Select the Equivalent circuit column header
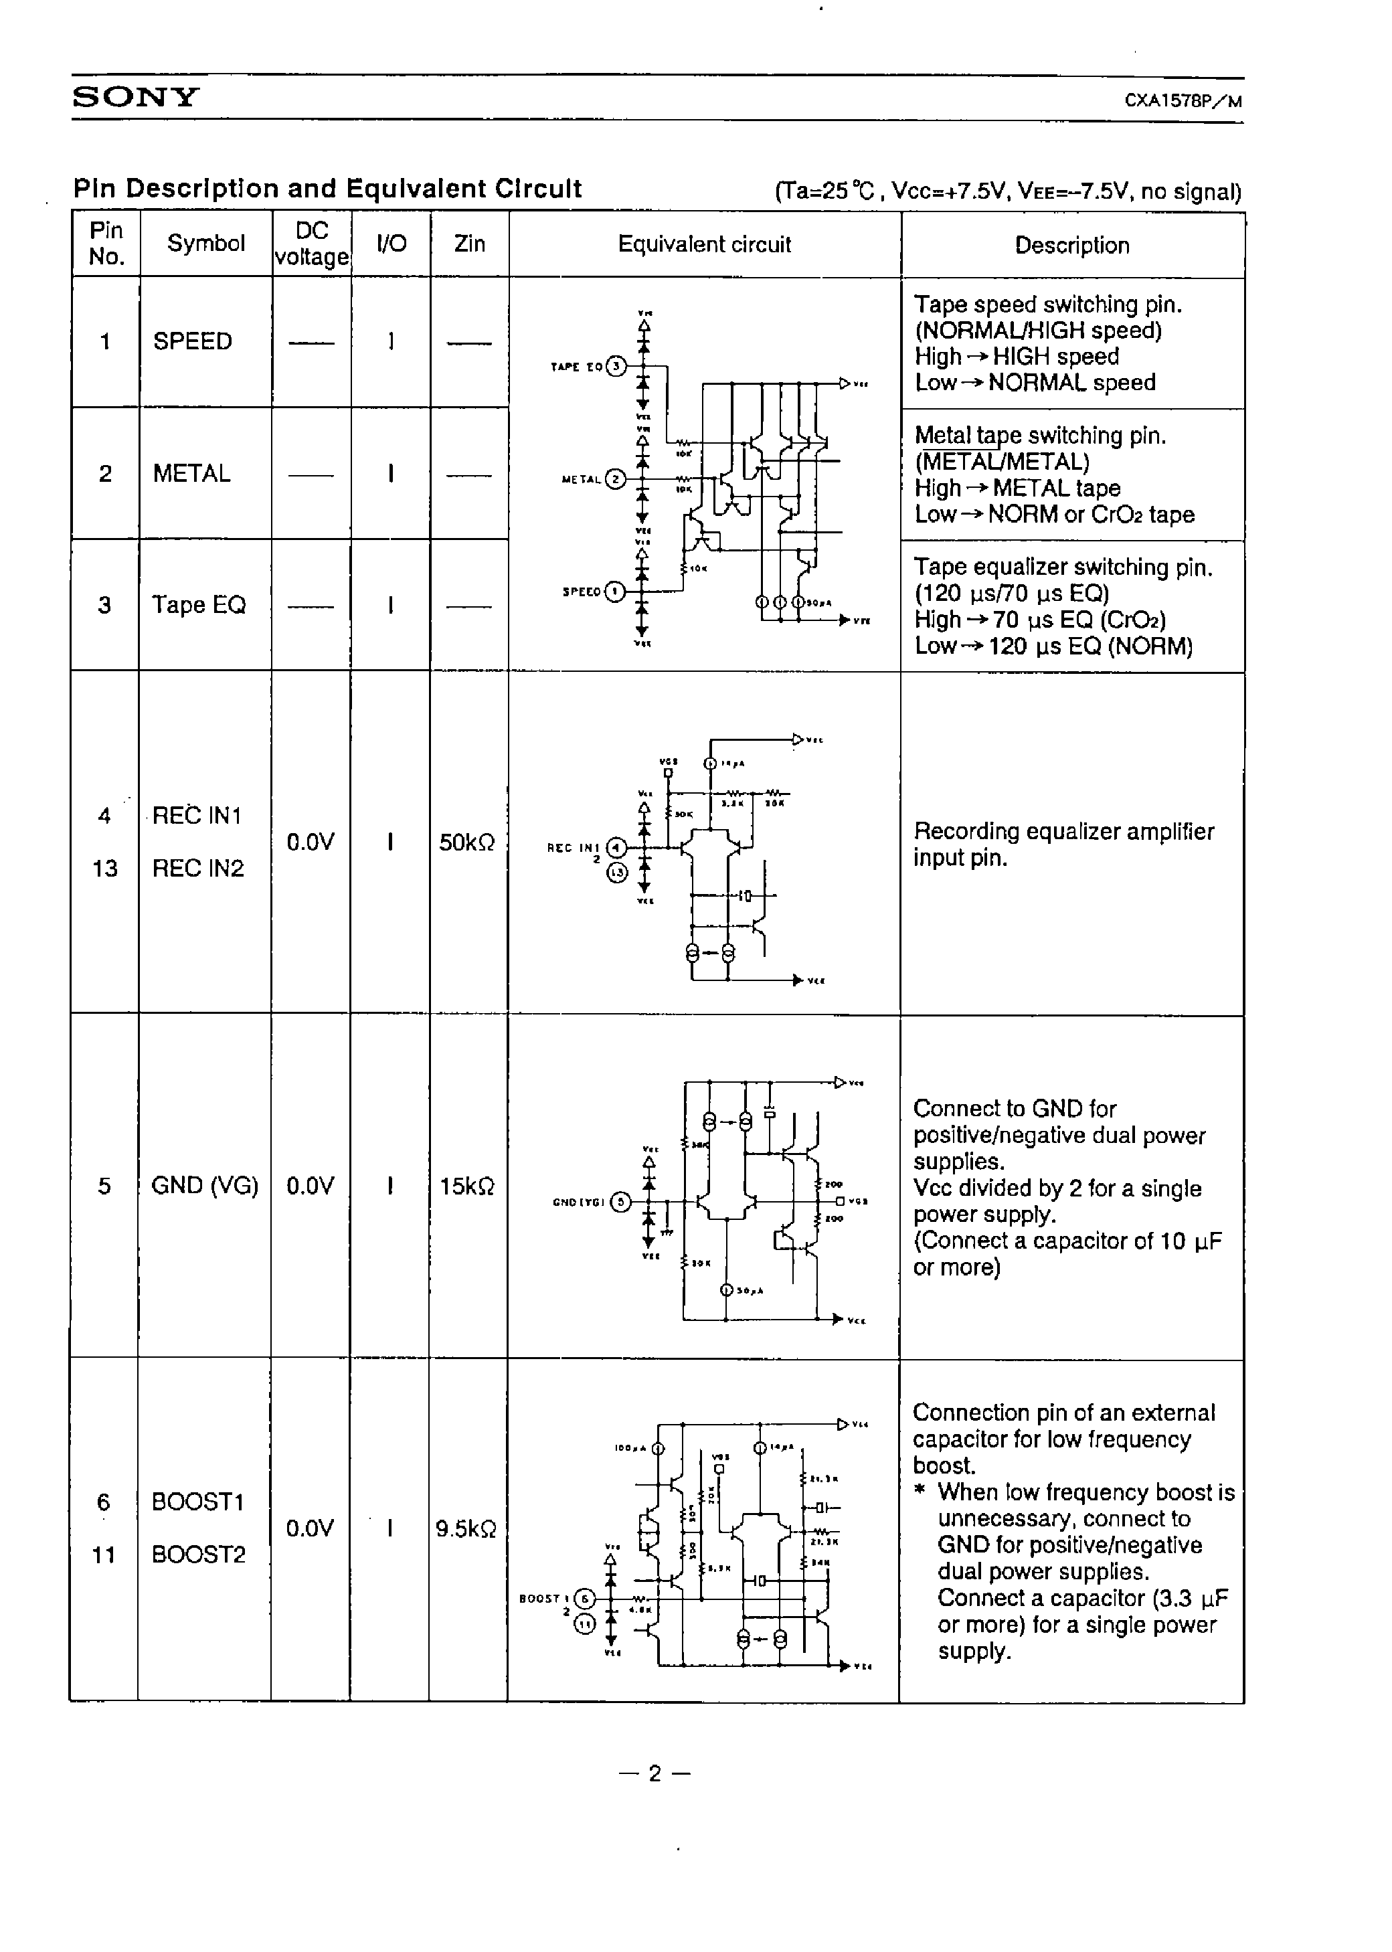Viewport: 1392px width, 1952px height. [x=704, y=244]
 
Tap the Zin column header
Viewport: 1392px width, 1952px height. [x=469, y=244]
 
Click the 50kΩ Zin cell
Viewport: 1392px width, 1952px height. [x=466, y=842]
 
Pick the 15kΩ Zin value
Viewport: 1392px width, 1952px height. [x=466, y=1186]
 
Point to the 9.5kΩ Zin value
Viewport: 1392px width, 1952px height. [x=465, y=1528]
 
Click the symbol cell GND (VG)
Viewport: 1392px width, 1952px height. [x=204, y=1185]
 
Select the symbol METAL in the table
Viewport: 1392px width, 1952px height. [x=191, y=473]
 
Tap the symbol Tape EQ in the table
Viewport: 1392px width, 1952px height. [x=198, y=605]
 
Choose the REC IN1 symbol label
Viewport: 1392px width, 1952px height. [x=197, y=816]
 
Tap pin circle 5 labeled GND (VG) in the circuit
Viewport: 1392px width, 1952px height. [x=620, y=1203]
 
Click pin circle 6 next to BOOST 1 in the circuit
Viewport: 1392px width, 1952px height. [x=584, y=1598]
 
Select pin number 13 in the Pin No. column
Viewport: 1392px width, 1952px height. [x=104, y=868]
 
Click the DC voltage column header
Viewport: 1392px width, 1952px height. [x=311, y=244]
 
